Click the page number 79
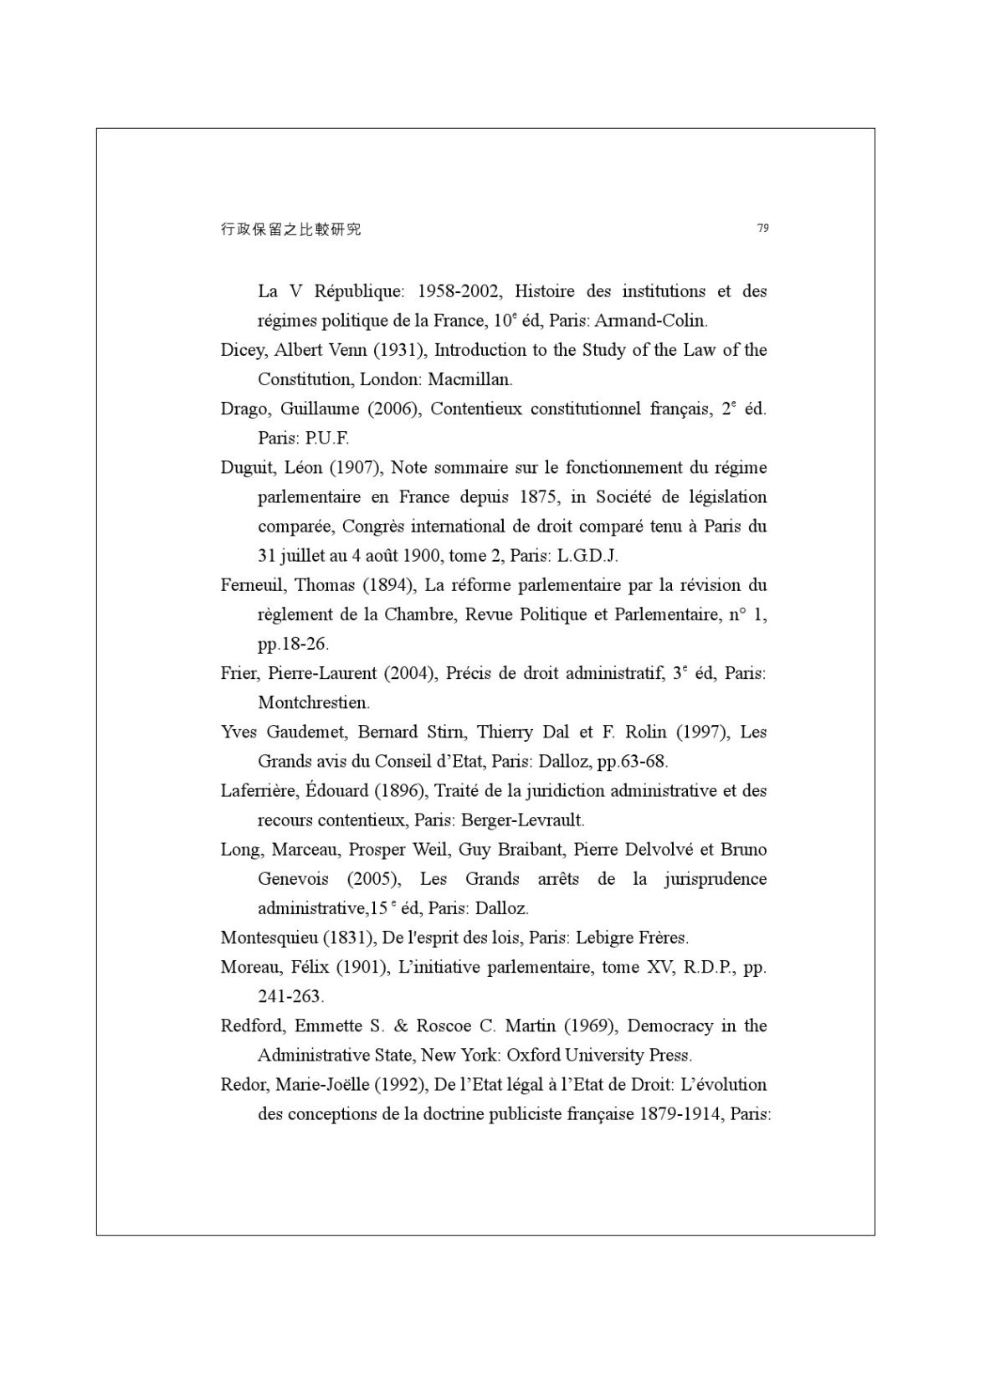click(762, 228)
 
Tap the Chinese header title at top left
click(290, 229)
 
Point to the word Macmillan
click(469, 379)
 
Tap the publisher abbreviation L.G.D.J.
click(587, 556)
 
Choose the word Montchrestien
click(314, 703)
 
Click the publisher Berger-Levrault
click(522, 820)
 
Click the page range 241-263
click(290, 997)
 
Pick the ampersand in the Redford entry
click(400, 1026)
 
